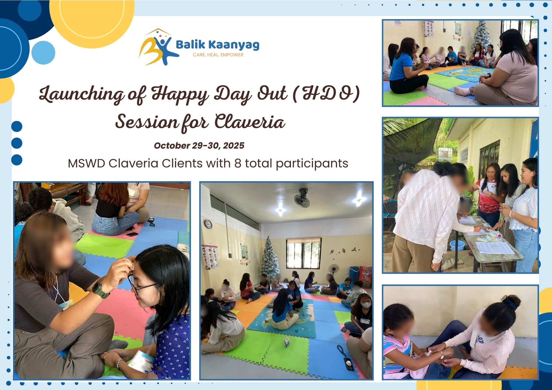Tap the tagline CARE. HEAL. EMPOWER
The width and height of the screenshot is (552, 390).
tap(218, 55)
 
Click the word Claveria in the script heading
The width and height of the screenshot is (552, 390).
tap(250, 121)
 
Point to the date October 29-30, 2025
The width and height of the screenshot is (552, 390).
tap(199, 146)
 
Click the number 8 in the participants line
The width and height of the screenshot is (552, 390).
tap(238, 163)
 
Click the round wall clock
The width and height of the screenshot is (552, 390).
tap(208, 224)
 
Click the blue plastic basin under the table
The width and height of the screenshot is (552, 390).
tap(457, 245)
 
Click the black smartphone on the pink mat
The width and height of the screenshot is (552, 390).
tap(132, 234)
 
